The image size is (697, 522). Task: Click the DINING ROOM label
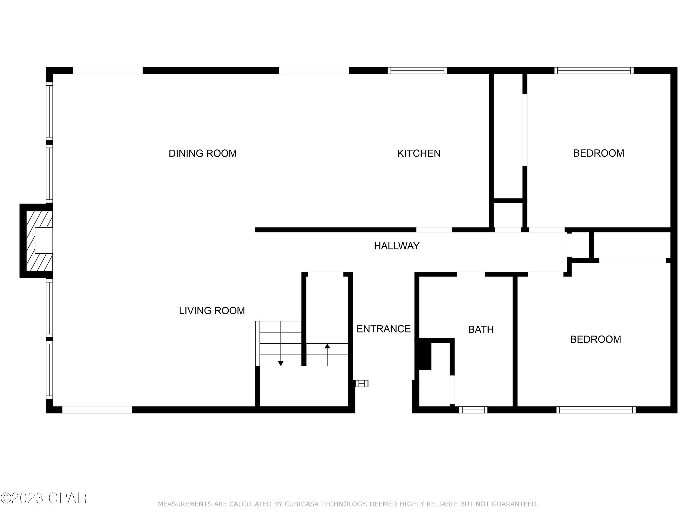click(203, 153)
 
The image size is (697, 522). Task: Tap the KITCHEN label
click(419, 153)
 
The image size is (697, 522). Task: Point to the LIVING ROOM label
click(212, 311)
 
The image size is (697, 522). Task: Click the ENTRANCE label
click(384, 329)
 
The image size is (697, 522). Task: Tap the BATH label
click(481, 329)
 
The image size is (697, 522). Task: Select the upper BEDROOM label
click(598, 153)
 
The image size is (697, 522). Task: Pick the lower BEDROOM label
click(595, 339)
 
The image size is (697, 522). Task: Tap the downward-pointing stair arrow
click(280, 363)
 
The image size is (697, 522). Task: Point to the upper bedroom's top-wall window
click(594, 71)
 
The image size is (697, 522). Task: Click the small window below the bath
click(473, 410)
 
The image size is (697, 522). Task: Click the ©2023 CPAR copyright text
click(43, 498)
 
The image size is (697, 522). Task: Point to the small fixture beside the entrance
click(362, 383)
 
